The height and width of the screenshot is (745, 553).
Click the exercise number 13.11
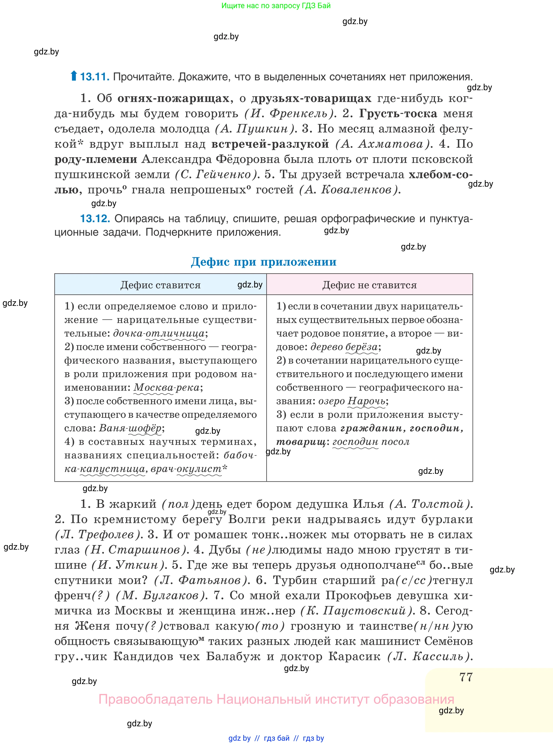point(95,77)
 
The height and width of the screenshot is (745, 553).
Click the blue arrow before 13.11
point(74,76)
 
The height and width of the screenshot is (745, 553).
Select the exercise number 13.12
point(95,218)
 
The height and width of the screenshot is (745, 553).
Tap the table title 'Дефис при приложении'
point(263,262)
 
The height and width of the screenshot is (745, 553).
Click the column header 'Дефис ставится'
point(160,285)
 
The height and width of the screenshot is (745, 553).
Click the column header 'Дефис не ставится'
point(369,285)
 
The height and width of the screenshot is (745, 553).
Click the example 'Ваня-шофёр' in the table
point(130,428)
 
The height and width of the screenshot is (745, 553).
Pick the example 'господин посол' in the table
point(371,442)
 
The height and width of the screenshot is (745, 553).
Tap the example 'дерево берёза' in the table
point(344,347)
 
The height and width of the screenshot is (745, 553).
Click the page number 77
point(466,677)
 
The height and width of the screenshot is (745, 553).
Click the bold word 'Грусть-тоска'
point(398,114)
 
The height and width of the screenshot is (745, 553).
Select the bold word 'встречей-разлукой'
point(270,144)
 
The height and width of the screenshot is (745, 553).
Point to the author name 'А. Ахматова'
point(383,144)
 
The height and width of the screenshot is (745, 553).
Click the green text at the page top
point(276,6)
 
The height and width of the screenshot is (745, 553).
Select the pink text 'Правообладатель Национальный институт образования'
point(276,699)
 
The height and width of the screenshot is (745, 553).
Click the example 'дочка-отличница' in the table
point(159,333)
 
